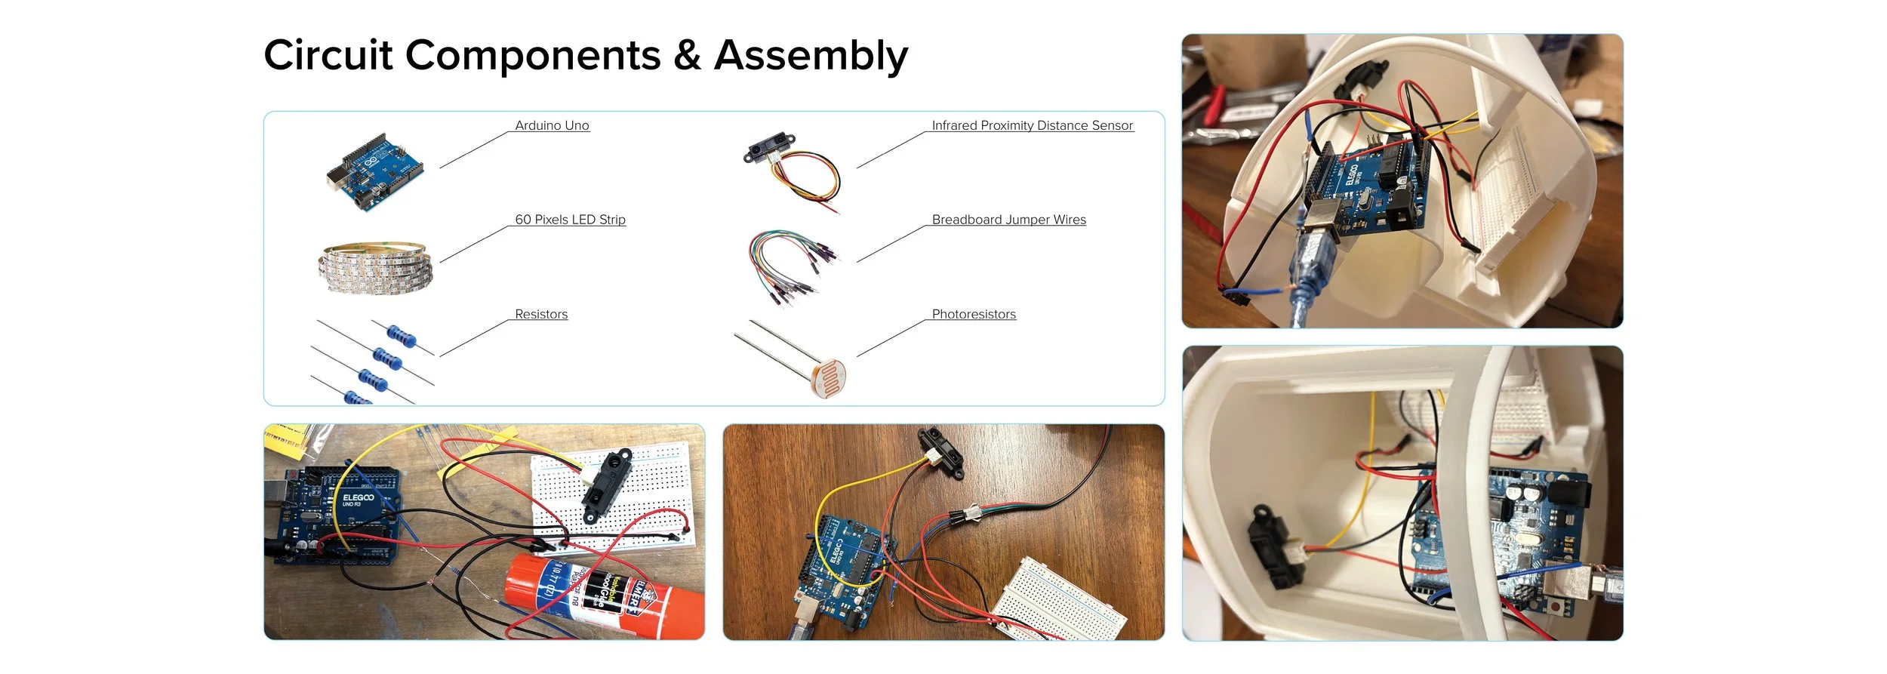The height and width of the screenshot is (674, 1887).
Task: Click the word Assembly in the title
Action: coord(811,56)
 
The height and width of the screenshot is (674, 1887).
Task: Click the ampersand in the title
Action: coord(687,56)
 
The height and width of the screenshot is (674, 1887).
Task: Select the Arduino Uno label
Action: coord(552,125)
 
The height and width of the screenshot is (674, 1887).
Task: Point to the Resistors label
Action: coord(541,314)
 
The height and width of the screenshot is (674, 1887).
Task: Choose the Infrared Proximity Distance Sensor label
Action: coord(1032,125)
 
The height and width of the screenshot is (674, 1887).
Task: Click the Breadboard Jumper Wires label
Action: coord(1008,220)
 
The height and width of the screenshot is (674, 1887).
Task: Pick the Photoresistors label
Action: coord(974,314)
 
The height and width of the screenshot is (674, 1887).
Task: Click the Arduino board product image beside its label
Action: coord(375,172)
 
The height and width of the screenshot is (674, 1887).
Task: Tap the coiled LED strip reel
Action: coord(375,266)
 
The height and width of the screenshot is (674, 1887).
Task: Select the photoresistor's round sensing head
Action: coord(829,377)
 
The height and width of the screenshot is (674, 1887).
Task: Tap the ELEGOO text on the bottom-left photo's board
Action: coord(358,497)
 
